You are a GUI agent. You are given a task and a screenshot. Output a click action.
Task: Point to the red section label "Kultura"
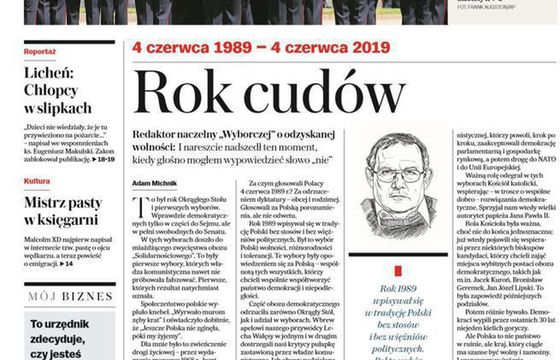tap(37, 181)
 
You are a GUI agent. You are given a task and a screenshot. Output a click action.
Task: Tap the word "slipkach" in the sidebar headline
tap(67, 104)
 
